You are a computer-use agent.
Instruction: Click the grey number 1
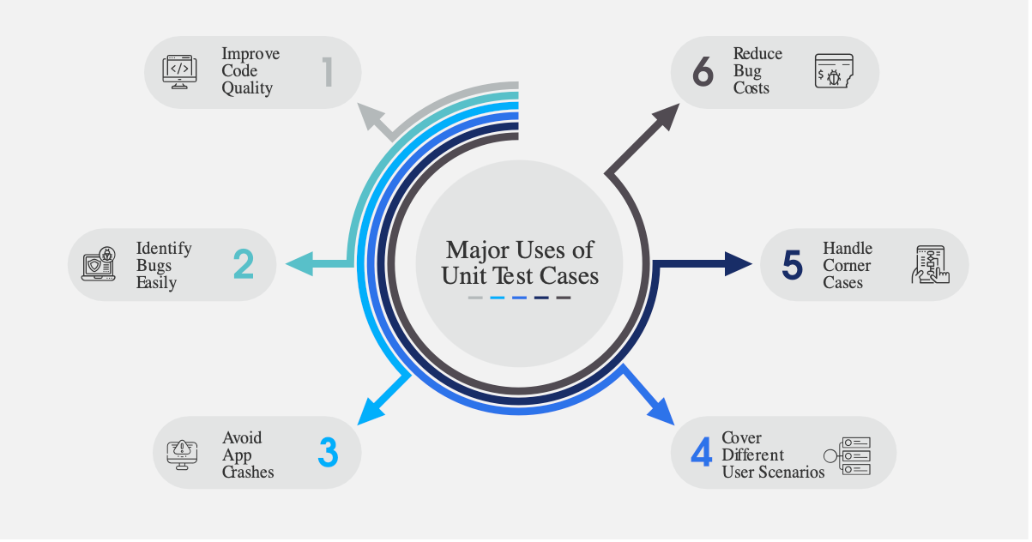327,72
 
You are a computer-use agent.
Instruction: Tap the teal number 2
243,265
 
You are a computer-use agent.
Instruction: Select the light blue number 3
328,454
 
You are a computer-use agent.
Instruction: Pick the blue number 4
701,452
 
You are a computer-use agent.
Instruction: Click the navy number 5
792,265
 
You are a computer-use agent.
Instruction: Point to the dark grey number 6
703,72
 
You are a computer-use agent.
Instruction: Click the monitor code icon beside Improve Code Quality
180,72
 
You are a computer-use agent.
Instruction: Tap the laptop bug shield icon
98,265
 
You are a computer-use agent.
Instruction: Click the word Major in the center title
474,250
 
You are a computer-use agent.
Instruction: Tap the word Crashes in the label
248,472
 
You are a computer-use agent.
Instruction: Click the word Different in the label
753,455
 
